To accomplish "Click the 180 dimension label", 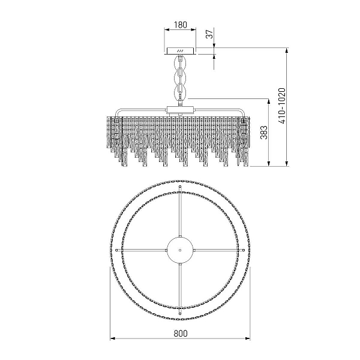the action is [181, 25].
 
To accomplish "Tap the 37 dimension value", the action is [209, 34].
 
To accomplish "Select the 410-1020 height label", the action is [282, 106].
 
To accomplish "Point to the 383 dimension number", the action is [264, 133].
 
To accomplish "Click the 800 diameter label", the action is [181, 333].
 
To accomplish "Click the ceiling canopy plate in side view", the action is [181, 51].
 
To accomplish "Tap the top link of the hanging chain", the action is [181, 62].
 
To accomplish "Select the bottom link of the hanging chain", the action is [181, 92].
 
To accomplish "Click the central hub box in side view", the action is [181, 110].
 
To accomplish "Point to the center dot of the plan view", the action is [180, 250].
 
